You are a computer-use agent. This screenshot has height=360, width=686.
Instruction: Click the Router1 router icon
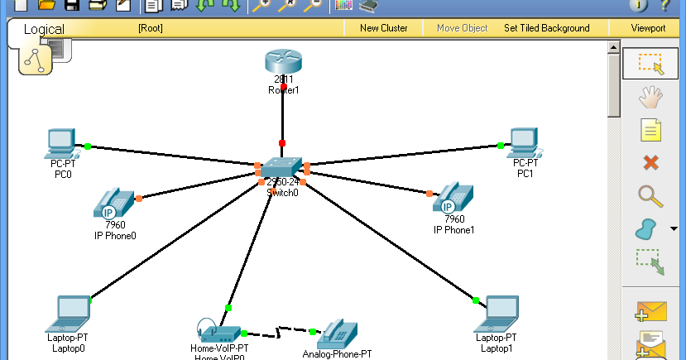point(283,62)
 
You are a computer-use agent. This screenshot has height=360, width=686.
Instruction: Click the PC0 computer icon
point(63,143)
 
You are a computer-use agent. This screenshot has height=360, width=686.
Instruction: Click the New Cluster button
point(383,28)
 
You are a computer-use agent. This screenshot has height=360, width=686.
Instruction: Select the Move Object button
point(462,28)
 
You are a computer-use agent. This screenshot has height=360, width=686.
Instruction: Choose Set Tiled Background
point(546,28)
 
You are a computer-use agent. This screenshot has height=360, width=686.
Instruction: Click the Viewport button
point(648,28)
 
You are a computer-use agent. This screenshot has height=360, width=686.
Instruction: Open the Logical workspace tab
point(44,29)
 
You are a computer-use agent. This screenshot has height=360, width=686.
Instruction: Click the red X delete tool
point(650,162)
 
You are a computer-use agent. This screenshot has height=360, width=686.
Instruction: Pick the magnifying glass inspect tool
point(650,195)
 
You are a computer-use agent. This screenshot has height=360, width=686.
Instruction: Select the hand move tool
point(650,98)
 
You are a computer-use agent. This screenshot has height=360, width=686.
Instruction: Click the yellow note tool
point(650,130)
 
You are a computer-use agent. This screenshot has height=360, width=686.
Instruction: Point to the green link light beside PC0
point(87,146)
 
